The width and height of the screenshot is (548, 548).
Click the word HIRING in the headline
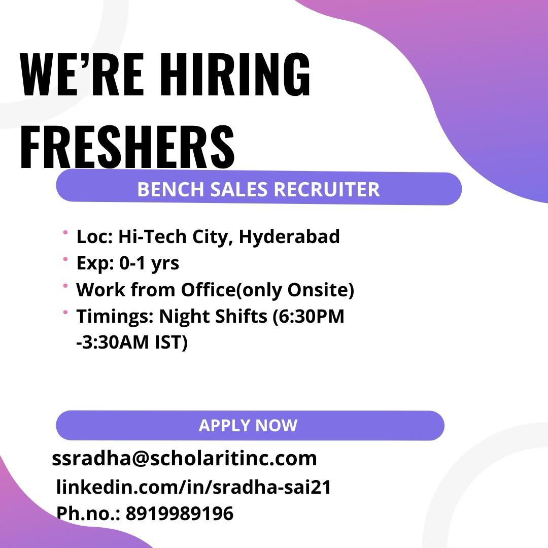(x=235, y=74)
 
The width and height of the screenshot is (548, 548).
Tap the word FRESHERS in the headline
(x=127, y=147)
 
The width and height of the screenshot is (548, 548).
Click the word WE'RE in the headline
(x=82, y=74)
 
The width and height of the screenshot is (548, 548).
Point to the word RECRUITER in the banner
(x=327, y=189)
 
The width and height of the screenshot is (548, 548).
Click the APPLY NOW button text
(x=248, y=425)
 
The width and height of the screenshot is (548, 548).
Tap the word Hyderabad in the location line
(x=289, y=237)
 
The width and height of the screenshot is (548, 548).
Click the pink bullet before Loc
(x=65, y=232)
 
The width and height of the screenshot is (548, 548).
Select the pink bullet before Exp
(x=65, y=259)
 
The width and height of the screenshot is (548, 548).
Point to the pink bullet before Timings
(x=65, y=312)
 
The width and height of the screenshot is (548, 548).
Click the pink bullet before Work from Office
(x=65, y=286)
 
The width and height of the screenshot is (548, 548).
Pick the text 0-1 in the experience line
(x=132, y=263)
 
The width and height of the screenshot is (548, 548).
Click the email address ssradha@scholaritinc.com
(x=184, y=458)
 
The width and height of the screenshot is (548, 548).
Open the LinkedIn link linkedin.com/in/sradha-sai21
(x=194, y=487)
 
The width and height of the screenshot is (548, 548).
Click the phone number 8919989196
(x=179, y=513)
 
